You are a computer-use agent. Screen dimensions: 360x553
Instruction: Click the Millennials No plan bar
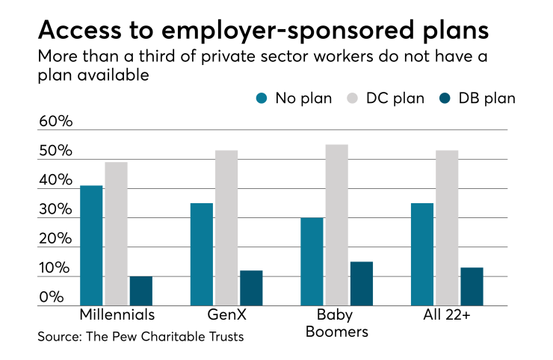pos(91,246)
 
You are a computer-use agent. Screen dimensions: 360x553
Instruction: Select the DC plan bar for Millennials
pos(116,234)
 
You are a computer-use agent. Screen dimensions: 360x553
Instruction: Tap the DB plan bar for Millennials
pos(140,291)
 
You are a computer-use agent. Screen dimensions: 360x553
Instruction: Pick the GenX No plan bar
pos(202,255)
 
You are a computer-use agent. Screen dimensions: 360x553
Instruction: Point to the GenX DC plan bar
pos(226,228)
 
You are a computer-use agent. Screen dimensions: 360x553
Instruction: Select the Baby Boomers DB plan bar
pos(361,284)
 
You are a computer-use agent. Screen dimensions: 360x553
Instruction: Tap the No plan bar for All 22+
pos(422,255)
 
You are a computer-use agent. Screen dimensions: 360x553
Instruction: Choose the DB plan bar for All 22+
pos(472,287)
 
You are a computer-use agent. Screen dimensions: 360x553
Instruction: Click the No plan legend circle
pos(262,98)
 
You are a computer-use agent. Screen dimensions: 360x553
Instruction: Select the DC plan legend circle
pos(353,98)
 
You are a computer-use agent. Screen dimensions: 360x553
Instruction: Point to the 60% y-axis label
pos(55,122)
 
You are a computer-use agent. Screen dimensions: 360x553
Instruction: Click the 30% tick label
pos(55,210)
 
